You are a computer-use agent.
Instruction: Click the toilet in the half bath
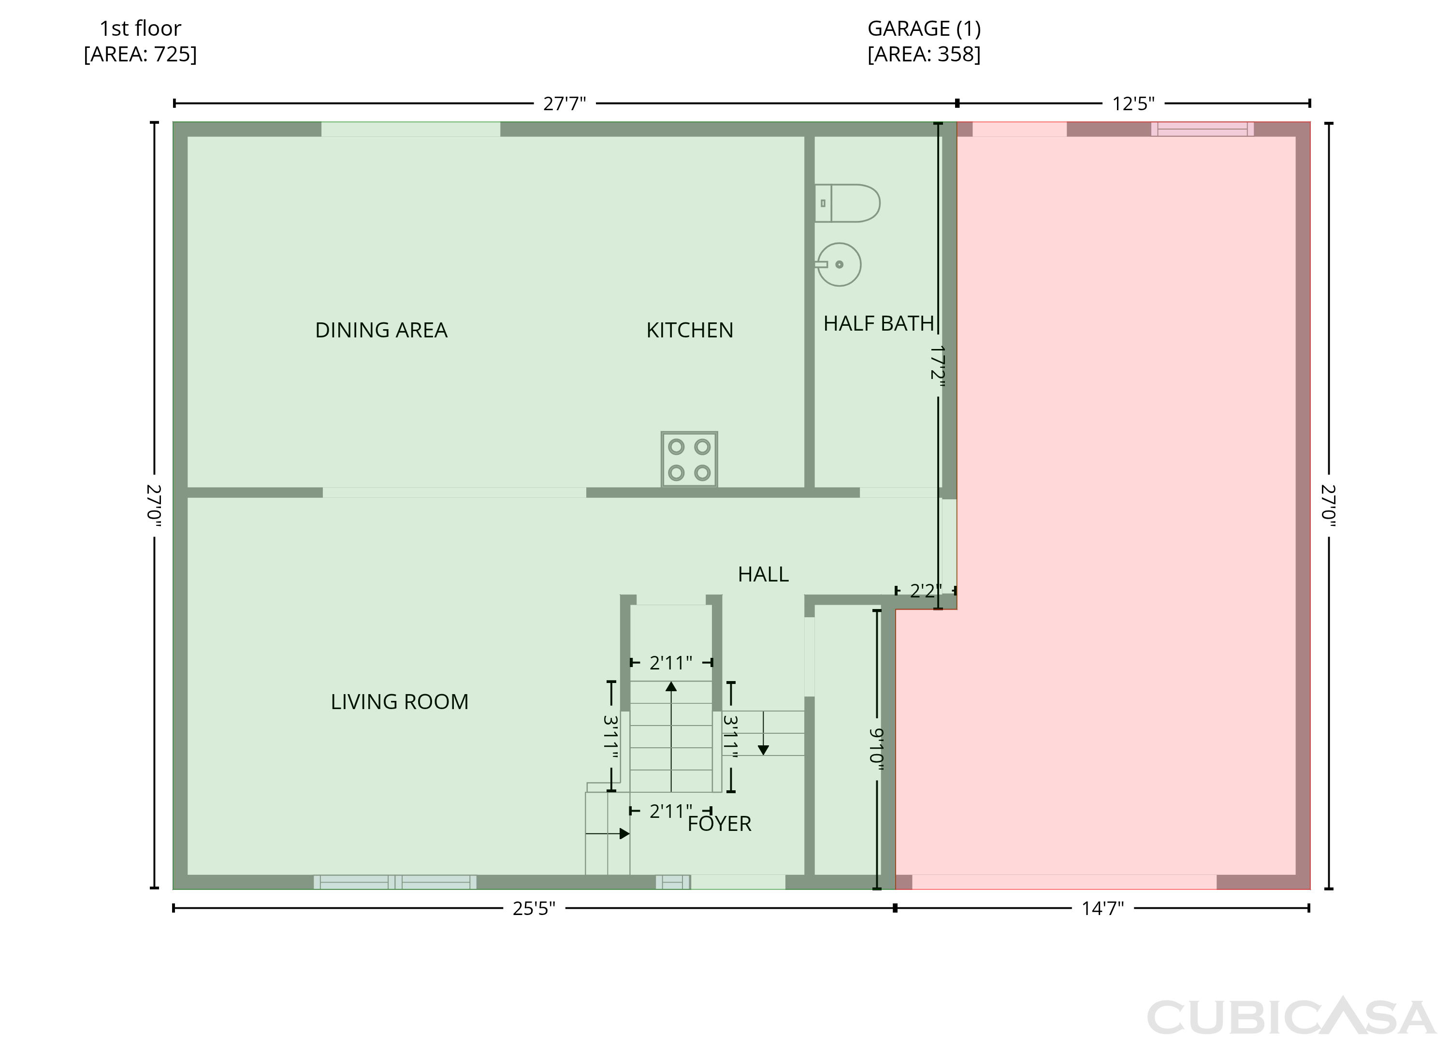(x=847, y=203)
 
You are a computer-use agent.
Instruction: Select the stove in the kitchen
(x=689, y=459)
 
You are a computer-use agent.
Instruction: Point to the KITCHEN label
(x=690, y=330)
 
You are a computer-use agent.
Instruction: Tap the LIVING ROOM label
(x=400, y=702)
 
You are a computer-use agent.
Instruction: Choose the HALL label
(x=763, y=574)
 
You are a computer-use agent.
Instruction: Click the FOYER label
(x=719, y=824)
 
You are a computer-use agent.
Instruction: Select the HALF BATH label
(x=878, y=323)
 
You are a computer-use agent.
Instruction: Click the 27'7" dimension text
(x=565, y=103)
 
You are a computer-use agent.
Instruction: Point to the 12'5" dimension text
(x=1133, y=103)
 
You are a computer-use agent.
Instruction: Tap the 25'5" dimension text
(x=534, y=909)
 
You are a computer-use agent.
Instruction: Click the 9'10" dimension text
(x=876, y=745)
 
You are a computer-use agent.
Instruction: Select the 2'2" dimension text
(x=925, y=591)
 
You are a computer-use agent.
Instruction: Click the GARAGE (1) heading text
(x=924, y=28)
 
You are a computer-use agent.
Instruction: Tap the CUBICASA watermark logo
(x=1291, y=1017)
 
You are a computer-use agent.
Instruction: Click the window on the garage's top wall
(x=1202, y=129)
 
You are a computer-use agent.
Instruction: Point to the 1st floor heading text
(x=140, y=28)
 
